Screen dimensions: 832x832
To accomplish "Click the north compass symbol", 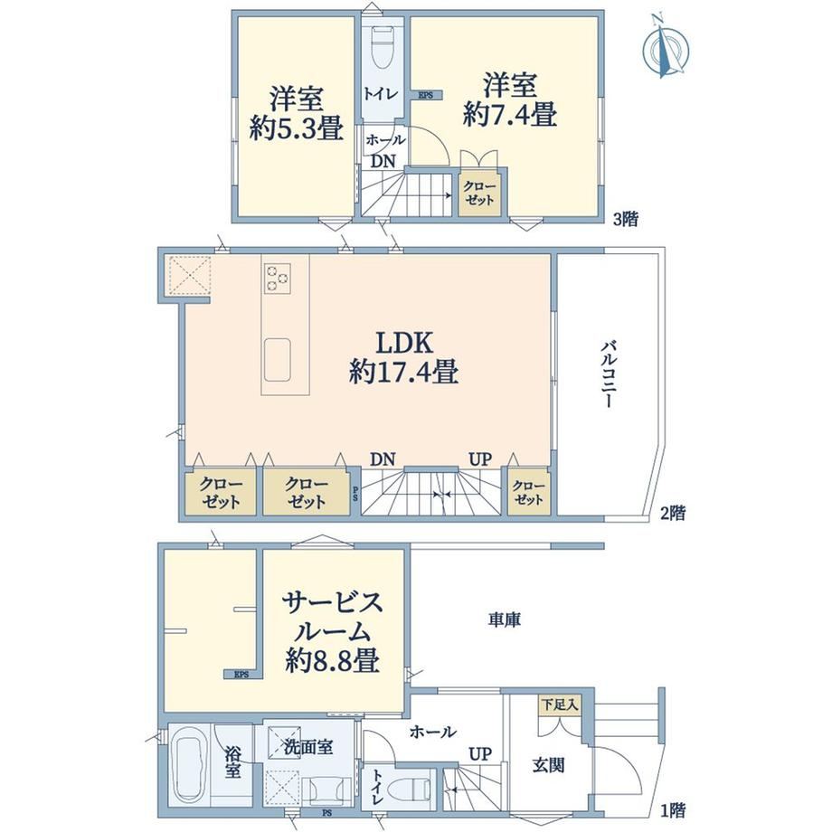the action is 666,49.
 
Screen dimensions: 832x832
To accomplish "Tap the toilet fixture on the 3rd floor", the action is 383,47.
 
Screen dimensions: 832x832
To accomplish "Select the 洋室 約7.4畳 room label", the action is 509,99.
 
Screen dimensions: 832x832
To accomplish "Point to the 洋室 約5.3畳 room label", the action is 296,113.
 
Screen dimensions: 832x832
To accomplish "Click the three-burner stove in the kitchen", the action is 277,278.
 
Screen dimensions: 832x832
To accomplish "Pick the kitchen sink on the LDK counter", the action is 277,360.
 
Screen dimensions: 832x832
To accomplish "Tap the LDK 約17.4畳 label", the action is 404,357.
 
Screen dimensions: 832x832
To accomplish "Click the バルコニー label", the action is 608,374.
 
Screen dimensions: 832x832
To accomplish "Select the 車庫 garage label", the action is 504,619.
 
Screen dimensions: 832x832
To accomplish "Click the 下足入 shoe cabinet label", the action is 560,705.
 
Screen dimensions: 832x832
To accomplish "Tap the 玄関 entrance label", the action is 548,765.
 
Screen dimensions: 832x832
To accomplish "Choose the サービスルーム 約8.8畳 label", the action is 332,632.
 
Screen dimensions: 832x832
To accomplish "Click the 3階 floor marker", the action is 626,219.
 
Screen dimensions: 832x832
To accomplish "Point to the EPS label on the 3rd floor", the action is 426,96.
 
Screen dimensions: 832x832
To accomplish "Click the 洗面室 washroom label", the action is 308,748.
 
